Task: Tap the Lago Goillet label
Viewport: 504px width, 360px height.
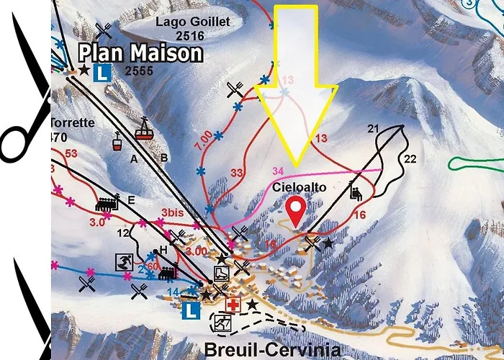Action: pos(192,22)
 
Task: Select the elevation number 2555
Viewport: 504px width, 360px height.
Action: pos(138,71)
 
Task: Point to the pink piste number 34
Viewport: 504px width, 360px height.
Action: pos(279,170)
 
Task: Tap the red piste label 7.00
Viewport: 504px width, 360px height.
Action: pos(202,135)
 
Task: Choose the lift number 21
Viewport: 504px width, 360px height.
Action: pos(372,129)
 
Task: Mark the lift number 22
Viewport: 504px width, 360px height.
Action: pos(410,158)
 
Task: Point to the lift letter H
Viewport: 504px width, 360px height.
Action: pos(163,249)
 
